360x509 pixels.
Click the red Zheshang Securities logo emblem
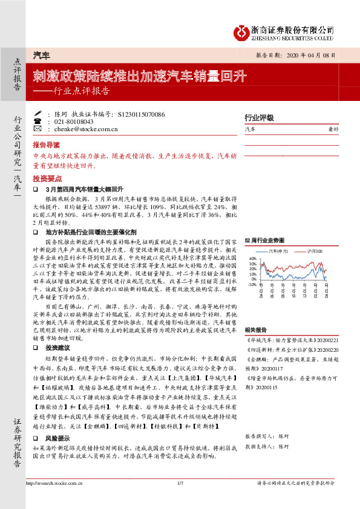[x=241, y=31]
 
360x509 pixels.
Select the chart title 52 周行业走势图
[x=264, y=240]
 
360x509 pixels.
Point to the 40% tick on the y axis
[x=253, y=258]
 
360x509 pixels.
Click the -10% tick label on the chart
[x=252, y=283]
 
